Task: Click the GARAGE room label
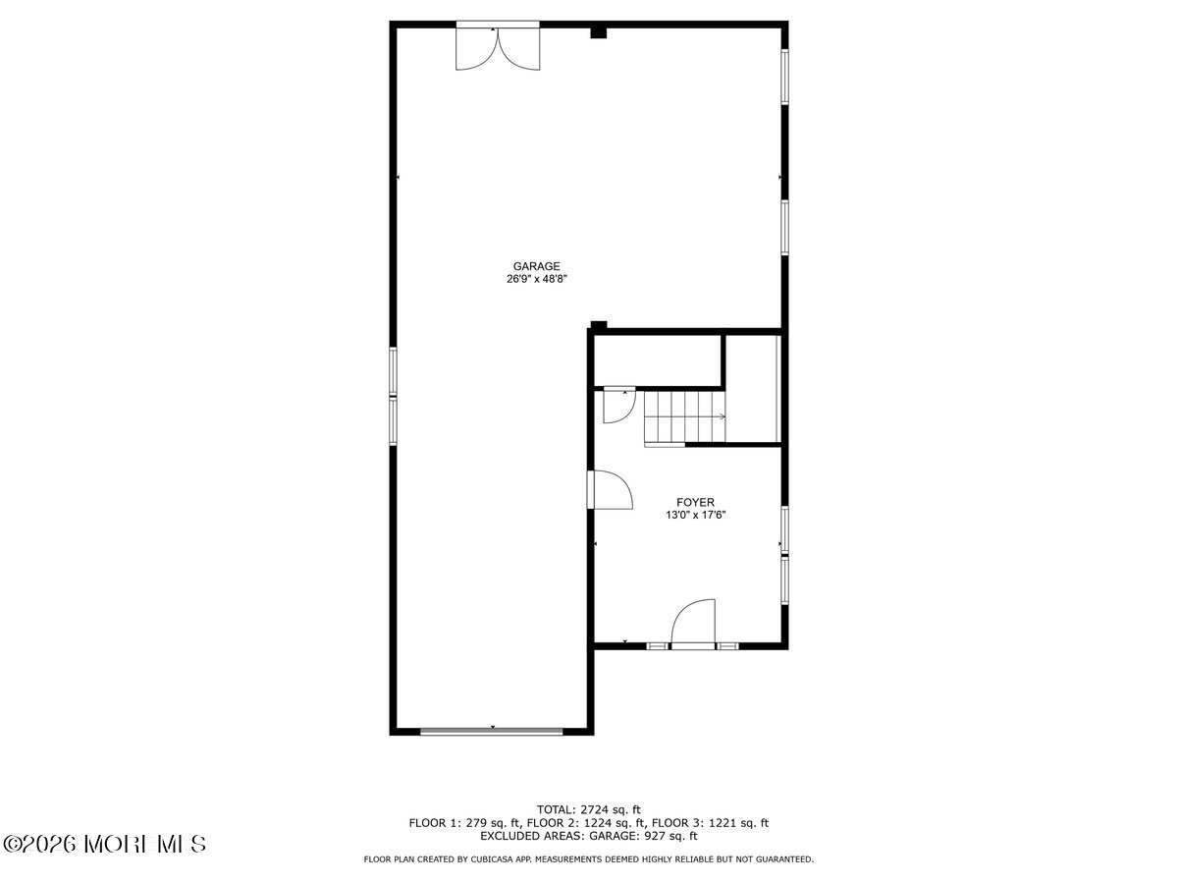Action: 536,265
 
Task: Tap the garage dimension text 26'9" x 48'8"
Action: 536,279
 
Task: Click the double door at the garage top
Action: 498,47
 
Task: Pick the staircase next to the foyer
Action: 684,416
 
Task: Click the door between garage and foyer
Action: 609,489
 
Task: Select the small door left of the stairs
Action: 618,406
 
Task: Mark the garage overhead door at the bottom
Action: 491,730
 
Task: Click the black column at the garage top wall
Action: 598,32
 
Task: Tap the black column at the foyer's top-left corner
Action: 599,326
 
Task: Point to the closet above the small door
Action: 658,359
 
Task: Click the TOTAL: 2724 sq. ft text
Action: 589,809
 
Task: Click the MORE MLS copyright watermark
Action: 106,844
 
